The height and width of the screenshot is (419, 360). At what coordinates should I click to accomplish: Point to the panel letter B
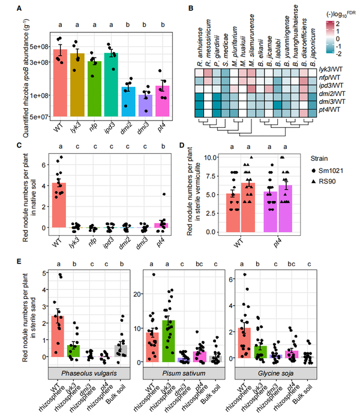pyautogui.click(x=191, y=9)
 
